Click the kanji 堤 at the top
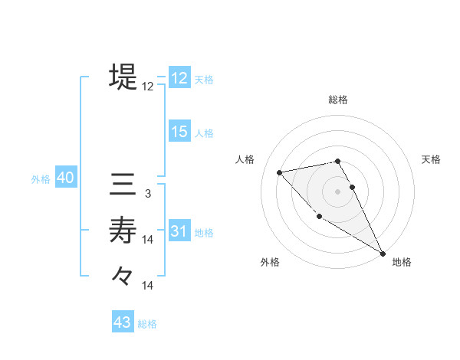tap(123, 77)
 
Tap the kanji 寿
tap(123, 230)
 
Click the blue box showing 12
tap(179, 78)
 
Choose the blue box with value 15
tap(179, 132)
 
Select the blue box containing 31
tap(179, 231)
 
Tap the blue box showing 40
tap(65, 178)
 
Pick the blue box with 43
tap(123, 322)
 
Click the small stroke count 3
tap(148, 195)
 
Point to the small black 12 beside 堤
tap(148, 87)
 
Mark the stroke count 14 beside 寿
tap(148, 240)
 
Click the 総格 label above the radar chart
tap(338, 100)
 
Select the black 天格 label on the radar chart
tap(431, 159)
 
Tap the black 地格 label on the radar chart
tap(402, 262)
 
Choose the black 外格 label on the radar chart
tap(270, 262)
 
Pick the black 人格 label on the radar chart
tap(245, 159)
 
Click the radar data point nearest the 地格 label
tap(383, 254)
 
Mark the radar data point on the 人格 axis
tap(280, 172)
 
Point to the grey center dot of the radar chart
tap(338, 191)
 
